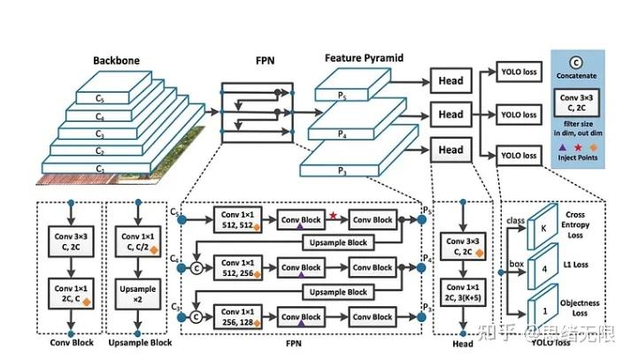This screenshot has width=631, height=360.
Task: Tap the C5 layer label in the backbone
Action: coord(101,99)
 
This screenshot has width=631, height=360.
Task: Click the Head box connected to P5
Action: coord(450,81)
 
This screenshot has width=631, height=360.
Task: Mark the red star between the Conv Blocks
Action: coord(333,215)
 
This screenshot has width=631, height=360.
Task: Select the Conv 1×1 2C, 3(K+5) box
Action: coord(465,291)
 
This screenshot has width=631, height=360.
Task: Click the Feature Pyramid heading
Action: coord(365,57)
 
